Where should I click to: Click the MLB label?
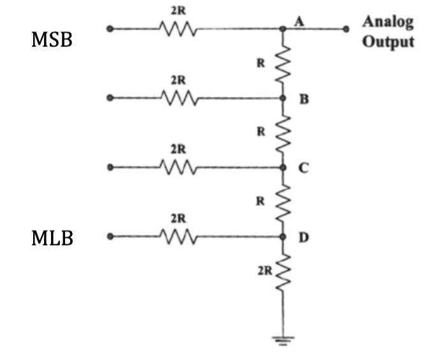point(52,239)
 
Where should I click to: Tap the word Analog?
point(388,22)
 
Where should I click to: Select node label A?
point(298,21)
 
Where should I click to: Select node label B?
point(304,100)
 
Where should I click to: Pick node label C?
point(304,169)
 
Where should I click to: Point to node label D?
point(304,238)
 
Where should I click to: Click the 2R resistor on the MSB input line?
point(178,29)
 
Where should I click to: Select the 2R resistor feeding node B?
point(178,98)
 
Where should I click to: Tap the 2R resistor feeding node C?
point(178,167)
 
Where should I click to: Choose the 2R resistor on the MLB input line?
point(178,237)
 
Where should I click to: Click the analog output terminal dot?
point(346,29)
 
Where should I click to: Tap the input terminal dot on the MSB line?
point(110,29)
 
